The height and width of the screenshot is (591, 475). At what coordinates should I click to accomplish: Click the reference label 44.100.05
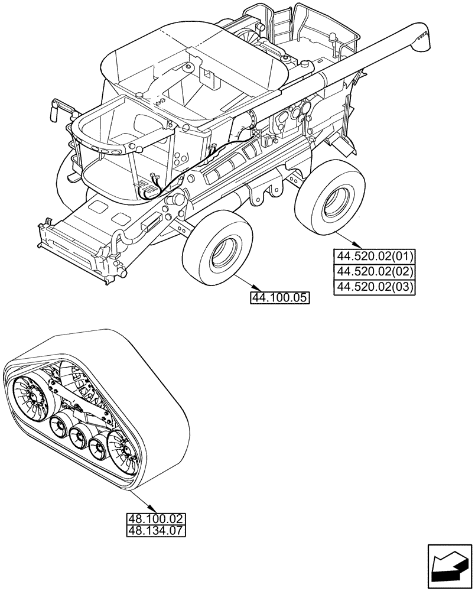[280, 298]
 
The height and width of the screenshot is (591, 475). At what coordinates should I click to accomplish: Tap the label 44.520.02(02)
[375, 271]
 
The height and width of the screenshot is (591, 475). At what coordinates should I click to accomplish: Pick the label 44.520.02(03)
[375, 287]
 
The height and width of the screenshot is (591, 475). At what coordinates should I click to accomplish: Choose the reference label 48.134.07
[156, 530]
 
